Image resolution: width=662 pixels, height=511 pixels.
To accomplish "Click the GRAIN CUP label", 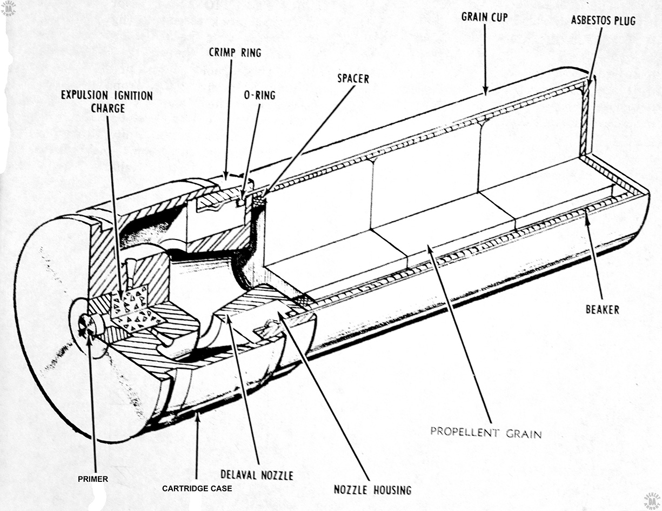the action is tap(484, 17).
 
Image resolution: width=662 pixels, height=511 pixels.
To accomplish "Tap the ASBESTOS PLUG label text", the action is tap(603, 21).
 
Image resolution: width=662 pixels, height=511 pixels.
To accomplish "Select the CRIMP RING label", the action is tap(235, 52).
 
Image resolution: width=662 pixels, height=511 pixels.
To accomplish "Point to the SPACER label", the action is tap(353, 78).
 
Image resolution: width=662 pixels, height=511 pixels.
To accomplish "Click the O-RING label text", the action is tap(259, 95).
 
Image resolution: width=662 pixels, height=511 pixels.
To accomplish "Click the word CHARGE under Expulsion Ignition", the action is tap(108, 109).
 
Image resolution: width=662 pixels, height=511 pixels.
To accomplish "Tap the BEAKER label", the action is tap(603, 310).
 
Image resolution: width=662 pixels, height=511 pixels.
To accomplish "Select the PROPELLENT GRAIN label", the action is tap(486, 433).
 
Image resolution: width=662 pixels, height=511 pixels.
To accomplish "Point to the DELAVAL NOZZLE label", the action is tap(257, 475).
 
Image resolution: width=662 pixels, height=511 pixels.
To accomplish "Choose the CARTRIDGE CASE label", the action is tap(197, 488).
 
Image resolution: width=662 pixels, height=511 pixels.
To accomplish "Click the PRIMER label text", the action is tap(93, 479).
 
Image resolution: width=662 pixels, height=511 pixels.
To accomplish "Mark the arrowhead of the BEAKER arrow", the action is tap(586, 213).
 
